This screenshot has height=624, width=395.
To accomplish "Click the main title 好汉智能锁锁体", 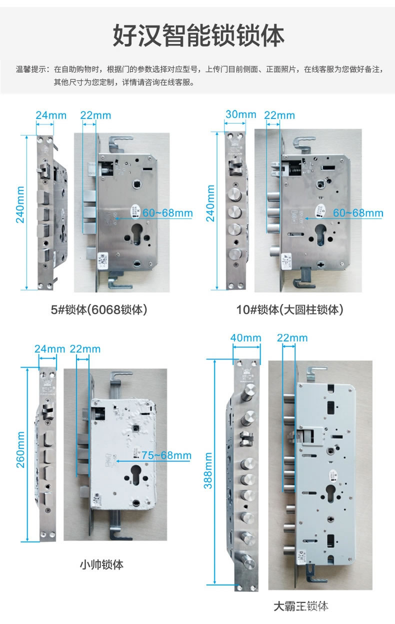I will [198, 36].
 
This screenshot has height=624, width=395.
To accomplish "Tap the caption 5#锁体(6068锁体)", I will [99, 310].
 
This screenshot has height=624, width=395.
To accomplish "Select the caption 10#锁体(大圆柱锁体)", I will [289, 310].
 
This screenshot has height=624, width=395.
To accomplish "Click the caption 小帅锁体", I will [101, 564].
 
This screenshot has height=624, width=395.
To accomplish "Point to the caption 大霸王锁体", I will [300, 606].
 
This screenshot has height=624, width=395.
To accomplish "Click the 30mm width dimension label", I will [240, 114].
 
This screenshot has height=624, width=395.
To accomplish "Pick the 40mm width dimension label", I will [245, 337].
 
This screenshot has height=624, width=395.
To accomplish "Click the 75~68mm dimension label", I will [166, 455].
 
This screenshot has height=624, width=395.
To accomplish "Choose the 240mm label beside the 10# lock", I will [210, 202].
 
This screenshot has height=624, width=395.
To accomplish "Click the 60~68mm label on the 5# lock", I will [167, 213].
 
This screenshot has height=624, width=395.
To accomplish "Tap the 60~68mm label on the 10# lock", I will [358, 213].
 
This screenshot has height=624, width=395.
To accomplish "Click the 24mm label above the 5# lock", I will [51, 115].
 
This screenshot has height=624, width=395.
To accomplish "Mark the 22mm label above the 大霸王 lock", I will [292, 338].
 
